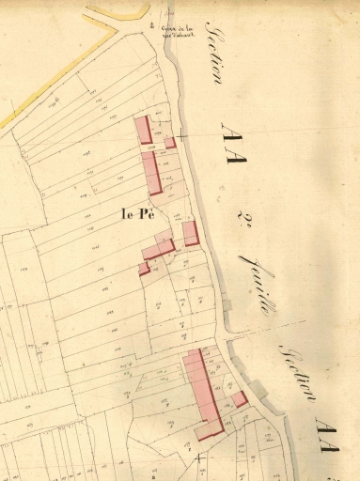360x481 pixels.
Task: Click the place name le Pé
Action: click(137, 213)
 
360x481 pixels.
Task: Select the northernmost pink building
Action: click(145, 130)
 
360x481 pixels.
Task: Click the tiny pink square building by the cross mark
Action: click(170, 143)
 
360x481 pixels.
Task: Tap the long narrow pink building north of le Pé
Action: click(151, 173)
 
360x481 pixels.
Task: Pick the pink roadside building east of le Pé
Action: click(191, 233)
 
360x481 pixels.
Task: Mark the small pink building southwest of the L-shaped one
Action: click(144, 269)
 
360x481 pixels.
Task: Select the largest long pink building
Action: click(204, 387)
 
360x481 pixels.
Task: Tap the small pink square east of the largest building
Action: click(241, 399)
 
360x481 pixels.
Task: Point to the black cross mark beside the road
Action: click(180, 137)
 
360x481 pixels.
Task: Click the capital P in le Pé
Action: click(145, 213)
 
